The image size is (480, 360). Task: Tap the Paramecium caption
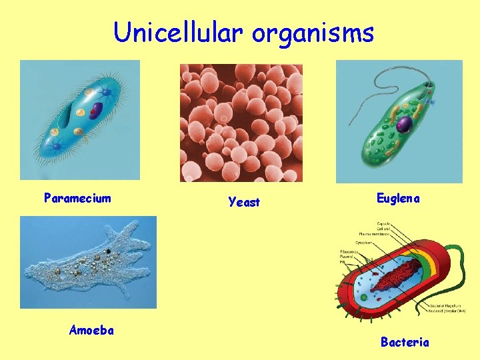pyautogui.click(x=77, y=198)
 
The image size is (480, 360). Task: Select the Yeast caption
pyautogui.click(x=244, y=202)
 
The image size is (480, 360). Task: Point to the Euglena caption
pyautogui.click(x=398, y=198)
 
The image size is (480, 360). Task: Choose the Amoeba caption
pyautogui.click(x=91, y=329)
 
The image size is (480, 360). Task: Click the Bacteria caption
pyautogui.click(x=405, y=342)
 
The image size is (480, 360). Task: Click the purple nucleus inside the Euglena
pyautogui.click(x=404, y=123)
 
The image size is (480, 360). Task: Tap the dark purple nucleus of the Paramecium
pyautogui.click(x=97, y=110)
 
